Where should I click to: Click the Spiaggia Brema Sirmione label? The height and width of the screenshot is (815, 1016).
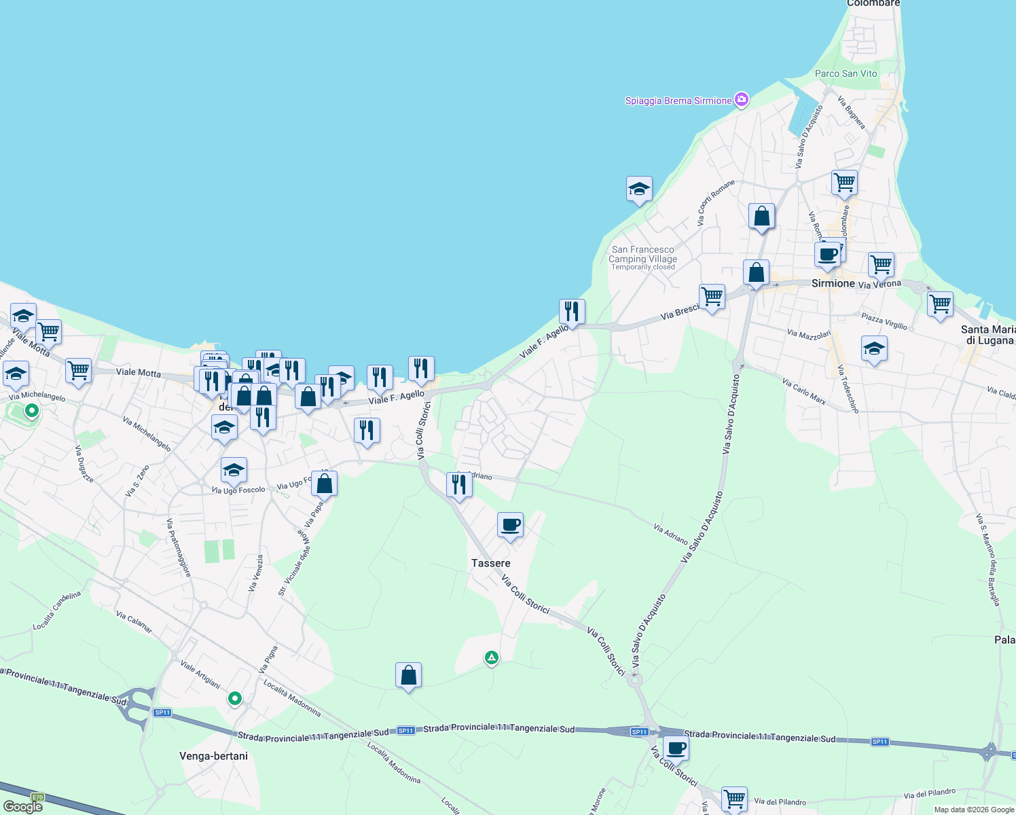pos(678,101)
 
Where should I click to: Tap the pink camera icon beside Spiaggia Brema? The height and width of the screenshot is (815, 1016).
pos(742,101)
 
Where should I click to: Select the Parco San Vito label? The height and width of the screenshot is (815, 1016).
pos(846,73)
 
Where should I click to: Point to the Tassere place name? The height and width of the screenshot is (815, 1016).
pos(490,563)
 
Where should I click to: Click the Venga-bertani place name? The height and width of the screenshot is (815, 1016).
pos(213,756)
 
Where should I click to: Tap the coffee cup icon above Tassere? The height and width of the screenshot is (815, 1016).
pos(510,526)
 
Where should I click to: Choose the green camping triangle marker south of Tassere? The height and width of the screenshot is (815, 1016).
pos(491,657)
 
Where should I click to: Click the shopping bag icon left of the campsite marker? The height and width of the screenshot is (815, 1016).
pos(408,676)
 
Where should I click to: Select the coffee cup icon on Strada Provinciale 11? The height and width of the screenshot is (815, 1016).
pos(676,749)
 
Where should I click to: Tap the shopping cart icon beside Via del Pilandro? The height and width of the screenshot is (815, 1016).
pos(734,798)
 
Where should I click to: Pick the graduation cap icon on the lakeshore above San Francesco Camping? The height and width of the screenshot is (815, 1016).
pos(639,189)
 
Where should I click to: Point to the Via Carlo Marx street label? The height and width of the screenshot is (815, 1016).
pos(803,391)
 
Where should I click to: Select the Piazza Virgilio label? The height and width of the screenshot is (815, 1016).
pos(884,321)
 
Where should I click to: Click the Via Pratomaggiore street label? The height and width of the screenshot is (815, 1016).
pos(179,548)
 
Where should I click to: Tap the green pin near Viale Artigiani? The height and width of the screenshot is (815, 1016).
pos(234,698)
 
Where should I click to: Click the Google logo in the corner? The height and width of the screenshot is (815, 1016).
pos(22,806)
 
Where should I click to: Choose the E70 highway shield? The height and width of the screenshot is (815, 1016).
pos(37,797)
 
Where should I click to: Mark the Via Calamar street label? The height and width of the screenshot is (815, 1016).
pos(134,621)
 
